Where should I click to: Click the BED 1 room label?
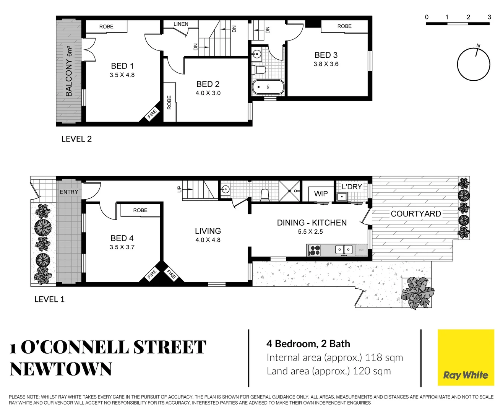[x=122, y=66]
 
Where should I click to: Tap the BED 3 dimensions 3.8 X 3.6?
[x=326, y=64]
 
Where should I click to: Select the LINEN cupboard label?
[x=181, y=24]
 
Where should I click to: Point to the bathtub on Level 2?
[x=268, y=87]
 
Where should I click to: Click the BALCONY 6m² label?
[x=69, y=72]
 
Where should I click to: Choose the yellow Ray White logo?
[x=466, y=358]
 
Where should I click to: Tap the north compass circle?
[x=474, y=64]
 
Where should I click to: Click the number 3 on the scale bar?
[x=489, y=17]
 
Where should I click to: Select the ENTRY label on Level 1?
[x=69, y=192]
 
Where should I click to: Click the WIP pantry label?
[x=321, y=194]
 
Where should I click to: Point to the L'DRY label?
[x=352, y=187]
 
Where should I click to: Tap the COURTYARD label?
[x=415, y=214]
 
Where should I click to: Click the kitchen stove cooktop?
[x=315, y=250]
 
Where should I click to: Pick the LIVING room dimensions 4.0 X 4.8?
[x=208, y=240]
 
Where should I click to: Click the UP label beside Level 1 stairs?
[x=179, y=189]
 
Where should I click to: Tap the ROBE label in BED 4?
[x=140, y=210]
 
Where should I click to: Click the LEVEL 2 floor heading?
[x=76, y=139]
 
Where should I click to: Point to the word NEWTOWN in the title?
[x=61, y=369]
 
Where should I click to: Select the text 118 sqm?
[x=384, y=358]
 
